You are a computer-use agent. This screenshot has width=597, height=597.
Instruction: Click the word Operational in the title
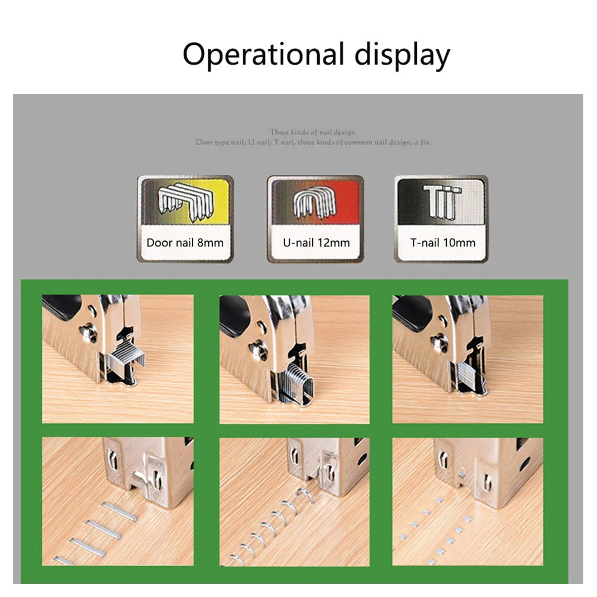tap(263, 55)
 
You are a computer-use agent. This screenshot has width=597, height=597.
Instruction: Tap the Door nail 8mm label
tap(185, 243)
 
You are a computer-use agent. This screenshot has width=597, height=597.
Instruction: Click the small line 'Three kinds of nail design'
tap(312, 132)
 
